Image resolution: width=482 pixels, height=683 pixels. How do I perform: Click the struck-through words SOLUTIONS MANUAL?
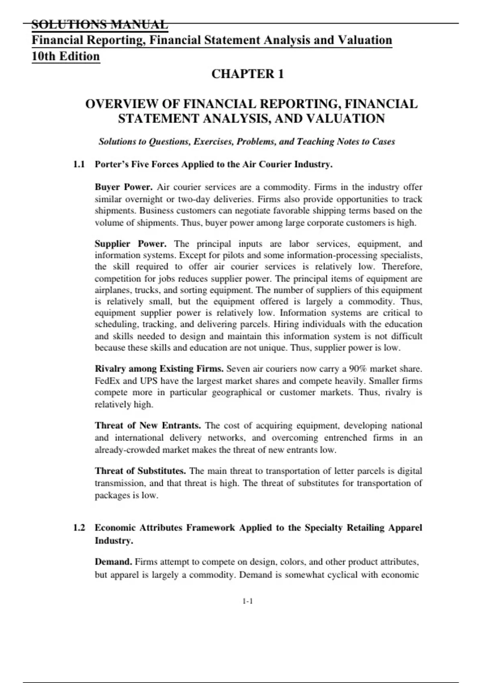100,25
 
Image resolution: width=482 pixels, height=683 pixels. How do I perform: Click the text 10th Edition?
65,56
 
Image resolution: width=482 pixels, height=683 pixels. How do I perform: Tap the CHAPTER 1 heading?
247,74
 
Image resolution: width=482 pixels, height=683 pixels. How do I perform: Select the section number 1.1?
79,164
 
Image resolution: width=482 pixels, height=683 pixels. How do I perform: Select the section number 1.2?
79,528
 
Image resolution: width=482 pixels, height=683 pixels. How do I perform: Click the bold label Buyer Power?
123,187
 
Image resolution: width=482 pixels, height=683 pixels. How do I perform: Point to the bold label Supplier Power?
131,244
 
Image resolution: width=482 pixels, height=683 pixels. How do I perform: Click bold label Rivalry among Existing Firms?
159,369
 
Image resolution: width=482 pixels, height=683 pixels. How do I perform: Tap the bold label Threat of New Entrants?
148,425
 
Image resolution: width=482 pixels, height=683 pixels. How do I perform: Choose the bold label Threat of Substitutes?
140,471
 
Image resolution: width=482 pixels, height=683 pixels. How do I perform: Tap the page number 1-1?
247,601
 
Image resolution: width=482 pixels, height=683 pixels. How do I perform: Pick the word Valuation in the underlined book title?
365,40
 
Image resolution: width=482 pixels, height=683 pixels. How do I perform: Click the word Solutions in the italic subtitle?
118,141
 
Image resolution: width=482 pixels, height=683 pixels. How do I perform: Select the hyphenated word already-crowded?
127,450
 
